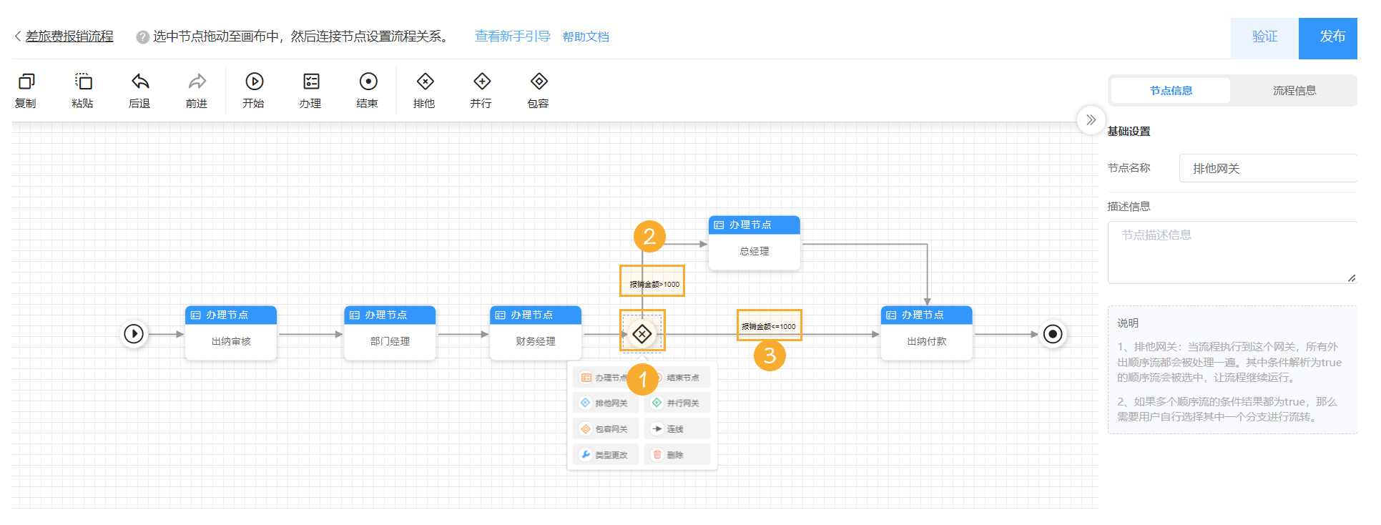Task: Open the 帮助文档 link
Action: pyautogui.click(x=586, y=37)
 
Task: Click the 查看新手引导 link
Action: pyautogui.click(x=512, y=36)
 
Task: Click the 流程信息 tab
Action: pyautogui.click(x=1294, y=91)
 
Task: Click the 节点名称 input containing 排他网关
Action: pyautogui.click(x=1266, y=169)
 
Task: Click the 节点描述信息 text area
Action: pyautogui.click(x=1230, y=252)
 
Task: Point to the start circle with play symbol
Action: pyautogui.click(x=134, y=334)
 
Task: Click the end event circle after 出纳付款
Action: pyautogui.click(x=1053, y=334)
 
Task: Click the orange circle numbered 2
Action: pyautogui.click(x=649, y=236)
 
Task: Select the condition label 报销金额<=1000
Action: pyautogui.click(x=769, y=326)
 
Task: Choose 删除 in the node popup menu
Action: pyautogui.click(x=676, y=455)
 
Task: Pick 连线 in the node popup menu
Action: pyautogui.click(x=676, y=429)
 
